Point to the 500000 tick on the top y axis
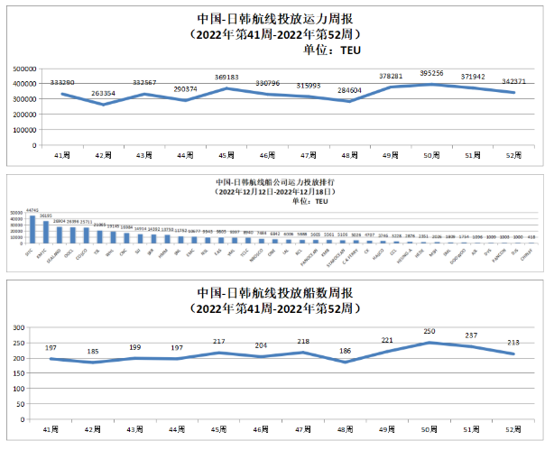tap(24, 69)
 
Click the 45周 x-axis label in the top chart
tap(226, 155)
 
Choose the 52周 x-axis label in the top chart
tap(513, 155)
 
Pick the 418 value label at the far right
tap(531, 237)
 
